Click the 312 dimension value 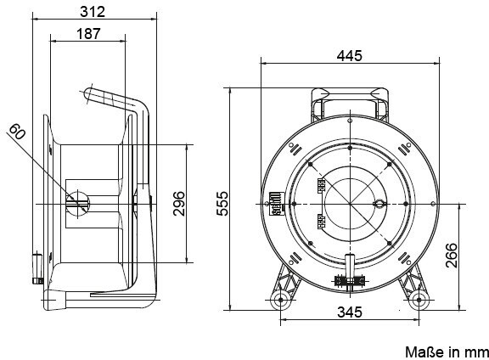[93, 12]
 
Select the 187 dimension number [88, 34]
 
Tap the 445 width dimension [349, 56]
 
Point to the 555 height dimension [222, 204]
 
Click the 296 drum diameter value [179, 204]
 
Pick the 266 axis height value [452, 256]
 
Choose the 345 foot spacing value [350, 312]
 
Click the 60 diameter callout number [17, 132]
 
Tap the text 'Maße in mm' [447, 352]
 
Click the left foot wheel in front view [281, 300]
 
